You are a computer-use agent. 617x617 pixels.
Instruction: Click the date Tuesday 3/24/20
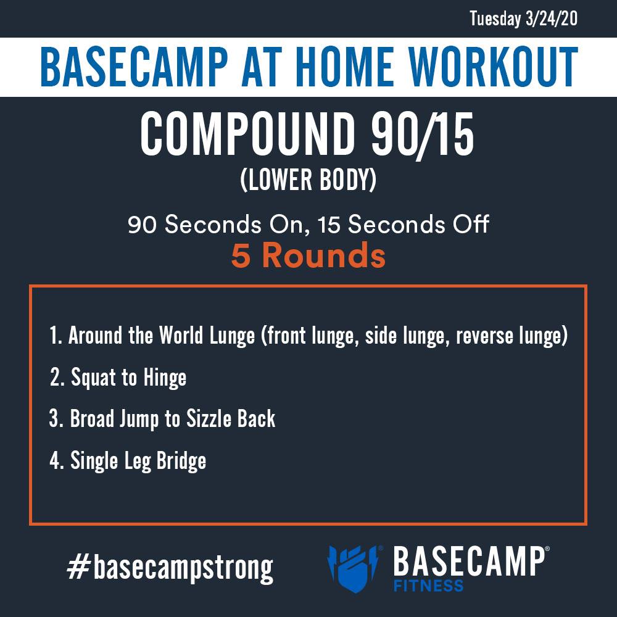coord(523,19)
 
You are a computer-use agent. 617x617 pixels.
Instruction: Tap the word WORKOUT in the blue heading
coord(492,67)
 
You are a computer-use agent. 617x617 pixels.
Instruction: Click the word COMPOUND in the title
coord(247,134)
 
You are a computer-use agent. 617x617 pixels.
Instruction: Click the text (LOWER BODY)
coord(308,180)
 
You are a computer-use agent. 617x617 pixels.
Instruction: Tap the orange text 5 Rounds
coord(308,255)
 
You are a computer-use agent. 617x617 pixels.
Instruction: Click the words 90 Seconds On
coord(215,225)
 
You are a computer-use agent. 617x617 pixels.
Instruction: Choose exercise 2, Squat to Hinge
coord(118,378)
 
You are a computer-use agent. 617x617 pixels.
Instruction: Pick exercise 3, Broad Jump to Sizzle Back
coord(162,419)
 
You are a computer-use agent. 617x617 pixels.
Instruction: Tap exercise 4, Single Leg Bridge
coord(128,460)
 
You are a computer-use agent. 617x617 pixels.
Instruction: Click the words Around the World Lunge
coord(162,336)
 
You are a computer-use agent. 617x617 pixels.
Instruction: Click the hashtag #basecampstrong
coord(170,568)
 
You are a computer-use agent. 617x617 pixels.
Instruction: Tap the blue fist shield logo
coord(354,568)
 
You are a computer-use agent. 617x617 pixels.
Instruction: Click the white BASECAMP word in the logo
coord(469,561)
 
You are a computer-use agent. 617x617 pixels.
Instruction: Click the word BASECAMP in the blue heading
coord(134,67)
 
